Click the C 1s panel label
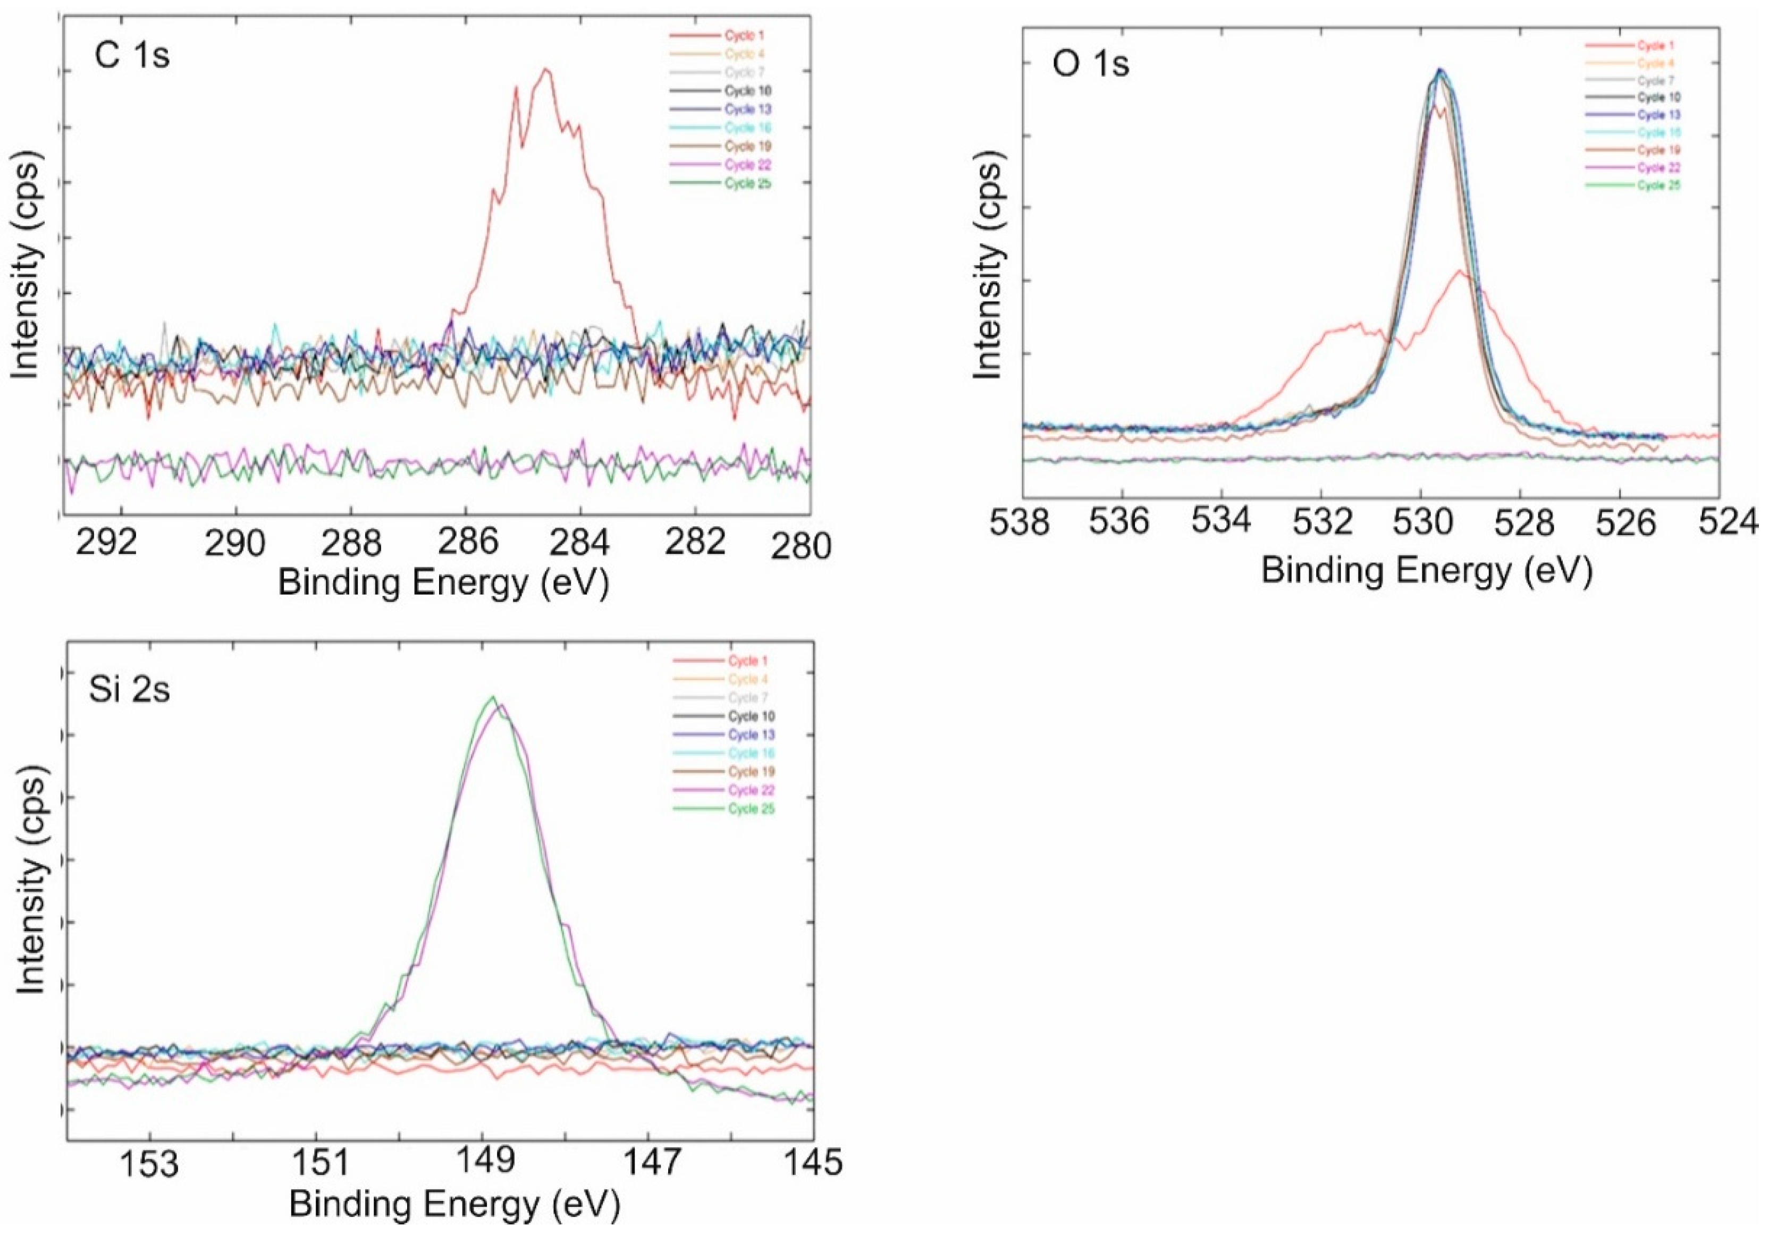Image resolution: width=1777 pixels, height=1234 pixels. [x=131, y=56]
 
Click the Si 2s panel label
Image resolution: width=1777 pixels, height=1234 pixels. [x=129, y=689]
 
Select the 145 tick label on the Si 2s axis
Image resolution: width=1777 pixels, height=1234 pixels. [x=813, y=1161]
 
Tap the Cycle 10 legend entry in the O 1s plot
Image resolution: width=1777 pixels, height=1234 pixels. [x=1658, y=97]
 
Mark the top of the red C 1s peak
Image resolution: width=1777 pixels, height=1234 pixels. [x=546, y=70]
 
